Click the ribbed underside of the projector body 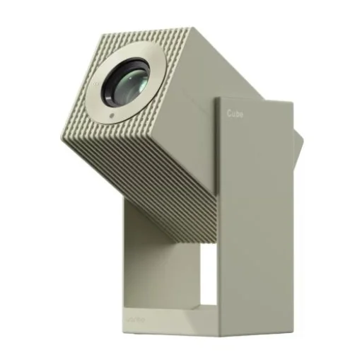[141, 184]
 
